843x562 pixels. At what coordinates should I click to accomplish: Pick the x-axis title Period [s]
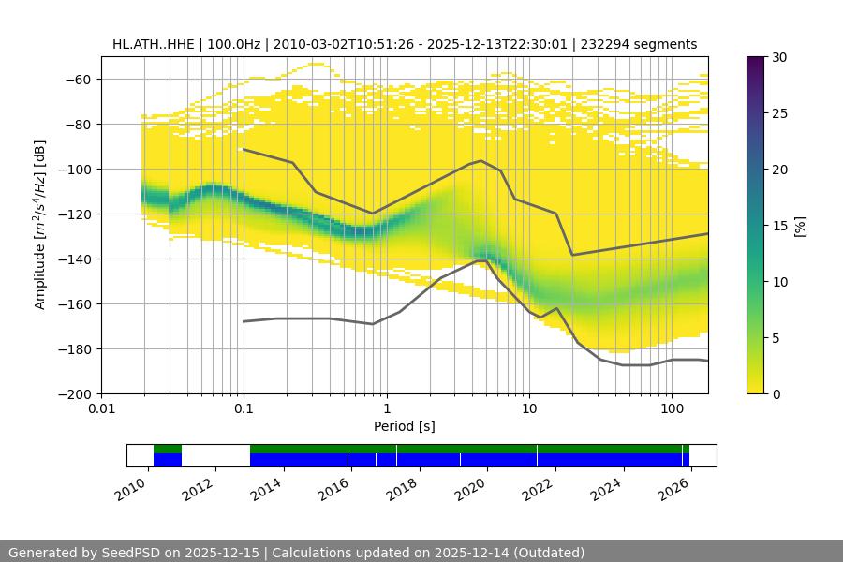405,426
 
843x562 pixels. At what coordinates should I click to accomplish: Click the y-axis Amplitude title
40,225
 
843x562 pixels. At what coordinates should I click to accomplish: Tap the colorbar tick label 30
779,57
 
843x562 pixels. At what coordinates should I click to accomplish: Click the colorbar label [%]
800,226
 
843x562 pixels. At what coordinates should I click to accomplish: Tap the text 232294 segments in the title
639,44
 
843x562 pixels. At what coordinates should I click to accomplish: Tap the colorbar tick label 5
776,338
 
